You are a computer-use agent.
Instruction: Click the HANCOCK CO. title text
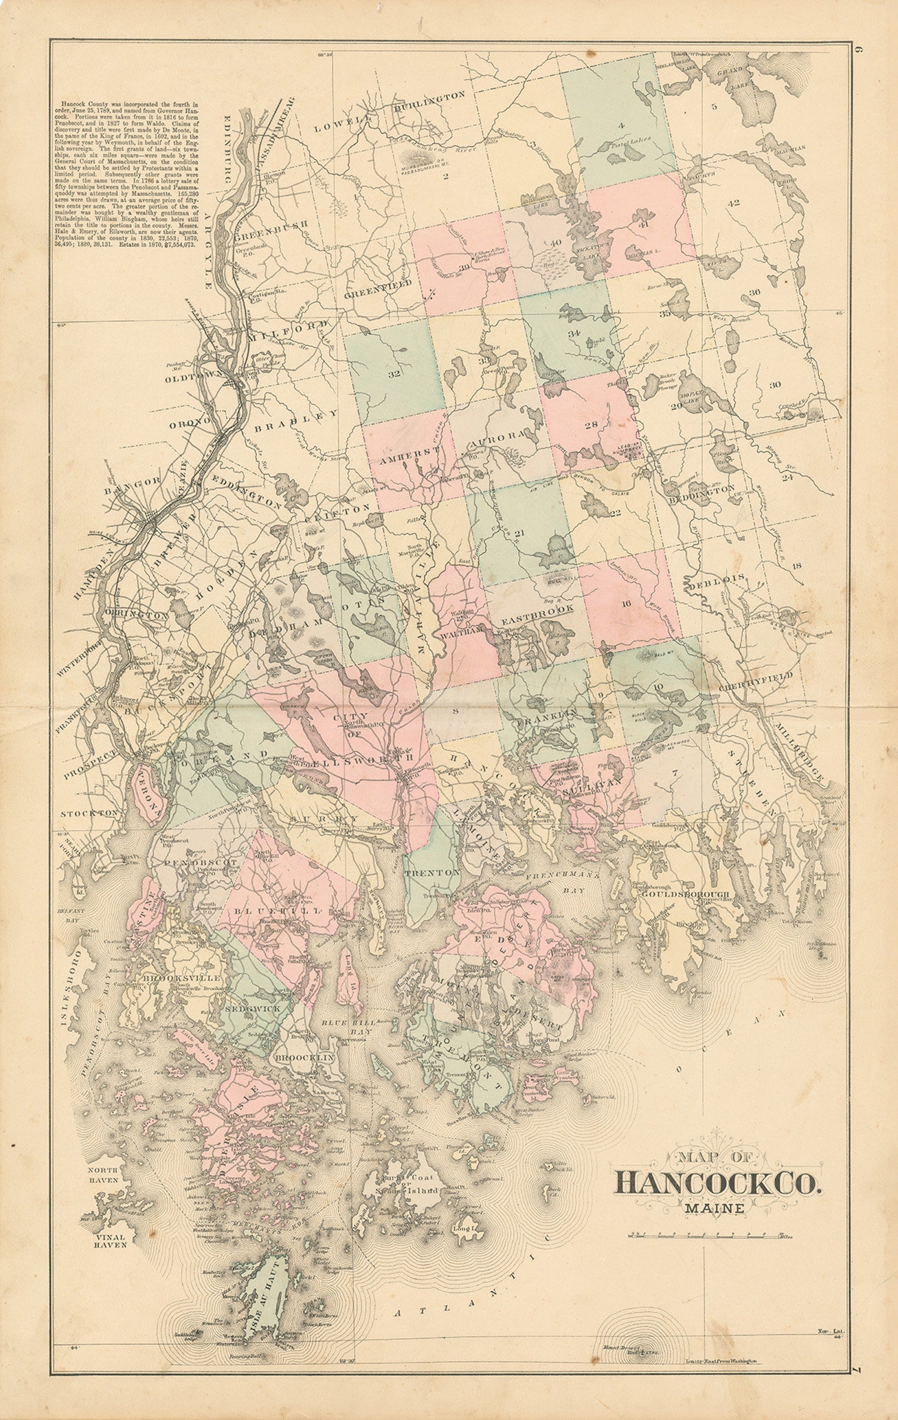pos(717,1182)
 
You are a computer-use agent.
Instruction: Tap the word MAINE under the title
pos(714,1208)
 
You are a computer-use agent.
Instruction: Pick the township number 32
pos(394,374)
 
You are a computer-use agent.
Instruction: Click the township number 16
pos(625,603)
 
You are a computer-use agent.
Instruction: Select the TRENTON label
pos(431,872)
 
